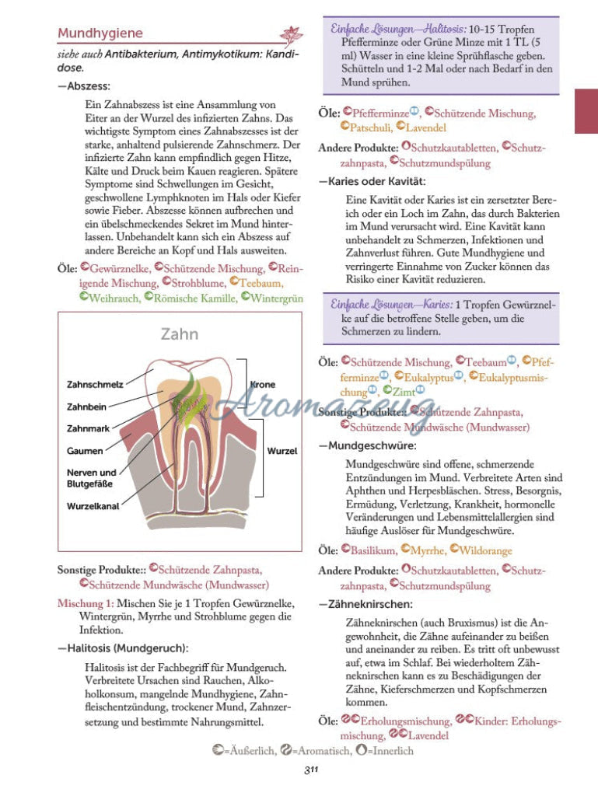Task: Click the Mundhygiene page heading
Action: point(100,33)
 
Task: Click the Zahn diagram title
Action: point(180,334)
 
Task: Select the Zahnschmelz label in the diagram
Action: point(95,385)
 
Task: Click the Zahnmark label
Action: point(87,428)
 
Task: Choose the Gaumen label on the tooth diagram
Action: point(85,451)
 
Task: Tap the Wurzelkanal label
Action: point(93,506)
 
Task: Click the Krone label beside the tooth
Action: point(262,385)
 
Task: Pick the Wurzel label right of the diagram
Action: point(282,451)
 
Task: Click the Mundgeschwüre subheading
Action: point(371,446)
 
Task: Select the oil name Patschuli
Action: point(369,127)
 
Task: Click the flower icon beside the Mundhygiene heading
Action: point(292,35)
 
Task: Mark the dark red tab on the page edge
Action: point(586,110)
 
